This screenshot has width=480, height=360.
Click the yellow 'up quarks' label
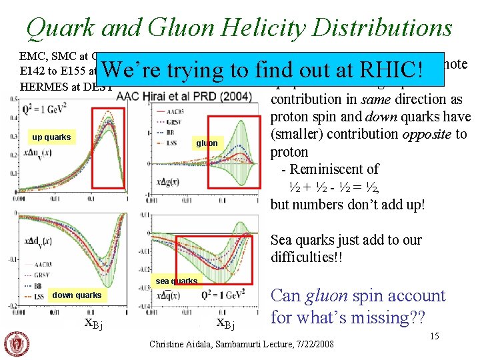pos(52,137)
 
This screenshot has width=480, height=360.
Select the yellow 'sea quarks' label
pos(176,281)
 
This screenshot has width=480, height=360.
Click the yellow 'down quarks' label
pos(77,295)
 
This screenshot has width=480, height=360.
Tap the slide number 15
pos(434,336)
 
